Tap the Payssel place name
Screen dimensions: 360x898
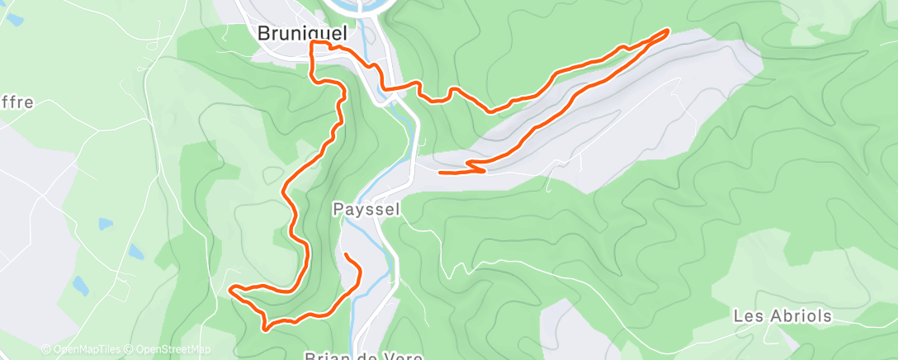point(366,210)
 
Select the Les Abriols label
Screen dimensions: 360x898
point(782,316)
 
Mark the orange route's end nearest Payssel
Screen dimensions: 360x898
point(346,254)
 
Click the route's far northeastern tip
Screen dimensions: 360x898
point(667,31)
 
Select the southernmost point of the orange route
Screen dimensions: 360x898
point(265,329)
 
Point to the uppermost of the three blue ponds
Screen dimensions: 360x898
point(104,224)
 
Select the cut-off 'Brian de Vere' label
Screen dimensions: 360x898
point(363,357)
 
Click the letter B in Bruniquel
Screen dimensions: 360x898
point(264,34)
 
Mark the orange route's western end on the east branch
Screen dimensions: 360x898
point(440,172)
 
